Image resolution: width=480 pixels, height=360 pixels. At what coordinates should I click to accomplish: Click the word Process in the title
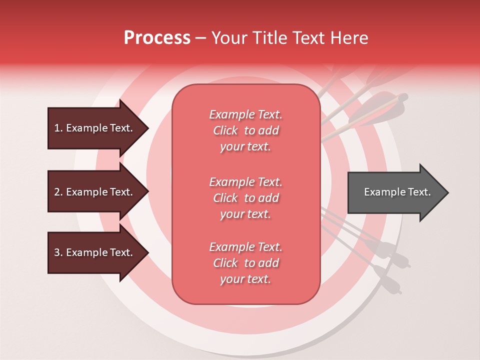(157, 38)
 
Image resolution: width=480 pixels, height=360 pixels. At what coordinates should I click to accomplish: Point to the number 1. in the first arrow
(58, 128)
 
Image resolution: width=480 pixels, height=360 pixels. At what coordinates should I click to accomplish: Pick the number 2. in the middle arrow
(58, 192)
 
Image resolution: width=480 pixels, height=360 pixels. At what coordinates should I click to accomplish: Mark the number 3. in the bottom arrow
(58, 252)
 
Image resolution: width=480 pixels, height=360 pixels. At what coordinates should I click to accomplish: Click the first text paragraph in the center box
(245, 130)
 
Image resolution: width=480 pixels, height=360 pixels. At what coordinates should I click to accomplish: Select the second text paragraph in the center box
(245, 198)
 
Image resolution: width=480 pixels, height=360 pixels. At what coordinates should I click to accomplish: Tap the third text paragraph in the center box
(245, 263)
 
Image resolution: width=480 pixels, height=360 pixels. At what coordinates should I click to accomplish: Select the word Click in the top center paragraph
(225, 130)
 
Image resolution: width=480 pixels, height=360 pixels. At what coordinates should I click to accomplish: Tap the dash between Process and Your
(200, 38)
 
